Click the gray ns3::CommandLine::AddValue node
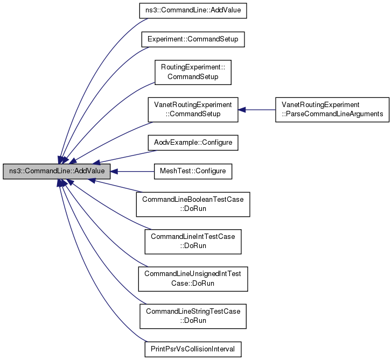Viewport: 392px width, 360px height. (57, 172)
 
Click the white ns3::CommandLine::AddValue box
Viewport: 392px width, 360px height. (193, 10)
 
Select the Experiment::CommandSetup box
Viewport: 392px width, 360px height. (193, 39)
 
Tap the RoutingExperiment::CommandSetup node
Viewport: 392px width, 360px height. (193, 72)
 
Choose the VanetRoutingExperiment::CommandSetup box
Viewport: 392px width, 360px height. (193, 109)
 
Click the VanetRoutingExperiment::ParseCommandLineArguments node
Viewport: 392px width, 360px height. (332, 109)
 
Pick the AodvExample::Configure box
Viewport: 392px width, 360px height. (193, 143)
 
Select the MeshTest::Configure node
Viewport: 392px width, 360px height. (193, 172)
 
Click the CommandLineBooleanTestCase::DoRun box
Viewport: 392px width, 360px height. (193, 204)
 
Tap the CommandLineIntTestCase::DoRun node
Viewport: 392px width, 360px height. (193, 242)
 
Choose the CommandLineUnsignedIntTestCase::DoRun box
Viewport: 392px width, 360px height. (193, 279)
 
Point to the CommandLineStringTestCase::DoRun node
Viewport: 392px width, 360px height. (193, 316)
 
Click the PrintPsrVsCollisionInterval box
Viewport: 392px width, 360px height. (193, 349)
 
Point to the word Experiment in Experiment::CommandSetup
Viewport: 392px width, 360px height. (162, 39)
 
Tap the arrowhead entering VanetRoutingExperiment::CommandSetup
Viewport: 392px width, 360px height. (242, 109)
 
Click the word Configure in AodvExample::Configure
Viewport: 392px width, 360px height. (218, 143)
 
